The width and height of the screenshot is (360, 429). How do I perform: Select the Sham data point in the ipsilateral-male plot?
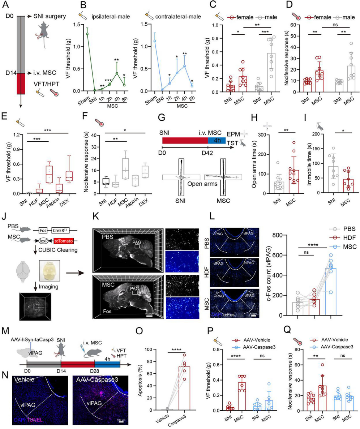[x=87, y=34]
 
